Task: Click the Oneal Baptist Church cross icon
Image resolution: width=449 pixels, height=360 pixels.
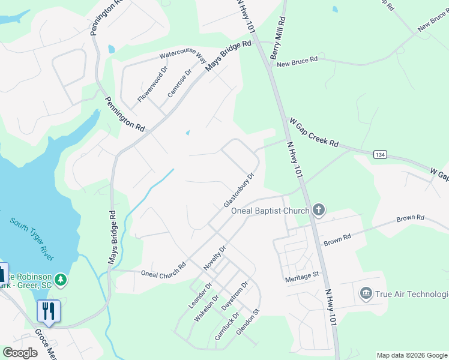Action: point(318,210)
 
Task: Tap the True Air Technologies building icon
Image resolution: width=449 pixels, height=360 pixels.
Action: point(366,293)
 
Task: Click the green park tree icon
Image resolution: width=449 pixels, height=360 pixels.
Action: point(60,280)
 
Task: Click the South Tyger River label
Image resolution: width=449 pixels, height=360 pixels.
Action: point(32,238)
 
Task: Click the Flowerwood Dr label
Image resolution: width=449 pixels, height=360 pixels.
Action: point(150,86)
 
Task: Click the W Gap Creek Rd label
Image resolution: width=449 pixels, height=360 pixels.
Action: point(314,133)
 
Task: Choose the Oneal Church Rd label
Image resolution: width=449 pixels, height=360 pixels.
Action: point(163,270)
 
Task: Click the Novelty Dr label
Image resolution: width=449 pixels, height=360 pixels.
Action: point(215,257)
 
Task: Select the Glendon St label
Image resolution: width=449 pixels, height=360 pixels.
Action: point(247,322)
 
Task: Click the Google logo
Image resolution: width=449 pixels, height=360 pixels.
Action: point(20,353)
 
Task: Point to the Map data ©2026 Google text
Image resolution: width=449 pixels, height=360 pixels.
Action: point(412,355)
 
